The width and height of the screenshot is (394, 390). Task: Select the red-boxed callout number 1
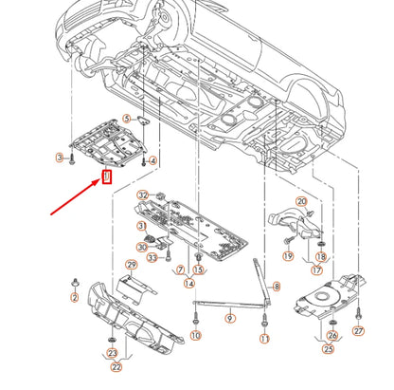[107, 176]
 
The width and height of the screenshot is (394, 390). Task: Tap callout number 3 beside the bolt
[60, 158]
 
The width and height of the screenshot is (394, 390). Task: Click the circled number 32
[143, 195]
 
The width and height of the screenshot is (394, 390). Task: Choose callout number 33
[152, 256]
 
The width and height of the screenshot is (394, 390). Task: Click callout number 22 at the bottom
[116, 367]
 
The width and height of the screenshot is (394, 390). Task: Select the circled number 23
[111, 353]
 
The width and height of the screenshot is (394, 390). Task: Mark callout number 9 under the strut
[229, 320]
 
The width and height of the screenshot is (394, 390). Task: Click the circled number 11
[265, 338]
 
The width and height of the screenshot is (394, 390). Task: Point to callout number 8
[276, 286]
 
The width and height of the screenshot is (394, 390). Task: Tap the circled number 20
[301, 201]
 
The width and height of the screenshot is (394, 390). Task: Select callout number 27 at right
[358, 330]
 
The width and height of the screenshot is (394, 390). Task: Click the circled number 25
[328, 348]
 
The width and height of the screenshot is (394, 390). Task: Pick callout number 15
[199, 270]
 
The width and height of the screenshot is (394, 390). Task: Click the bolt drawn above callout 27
[359, 311]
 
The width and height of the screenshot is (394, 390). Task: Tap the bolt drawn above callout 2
[75, 283]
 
